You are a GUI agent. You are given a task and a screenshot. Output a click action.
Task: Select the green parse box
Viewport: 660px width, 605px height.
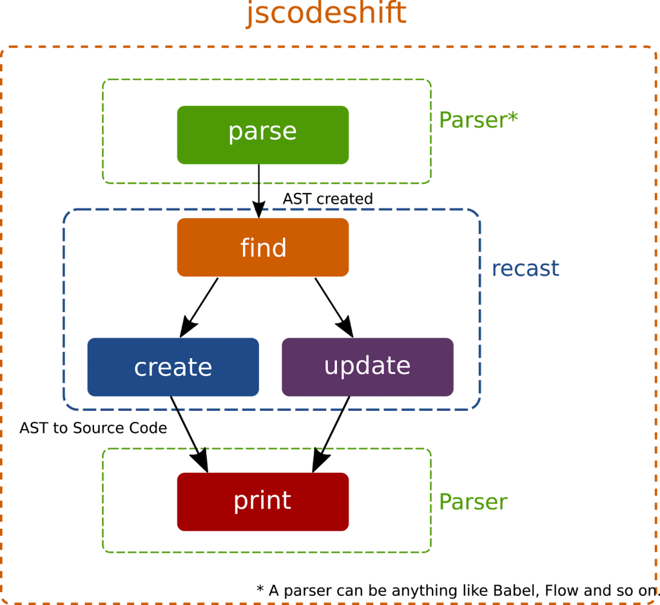pos(263,134)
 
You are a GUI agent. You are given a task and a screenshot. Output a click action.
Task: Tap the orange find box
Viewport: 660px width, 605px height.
pos(263,247)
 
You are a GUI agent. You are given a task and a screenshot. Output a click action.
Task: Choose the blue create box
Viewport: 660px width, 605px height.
pos(173,366)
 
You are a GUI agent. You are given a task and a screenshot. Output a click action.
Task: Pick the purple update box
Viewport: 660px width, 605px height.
pos(367,366)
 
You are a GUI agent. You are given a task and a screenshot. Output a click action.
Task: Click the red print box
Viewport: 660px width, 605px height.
pos(263,501)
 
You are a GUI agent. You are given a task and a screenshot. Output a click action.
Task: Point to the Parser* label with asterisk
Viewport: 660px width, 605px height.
pos(478,120)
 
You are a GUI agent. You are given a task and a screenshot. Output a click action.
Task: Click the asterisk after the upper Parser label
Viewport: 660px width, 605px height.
pos(513,117)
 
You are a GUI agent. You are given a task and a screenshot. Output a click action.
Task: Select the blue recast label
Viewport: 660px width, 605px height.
pos(525,268)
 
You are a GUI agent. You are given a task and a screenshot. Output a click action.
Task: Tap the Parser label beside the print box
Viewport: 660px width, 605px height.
pos(473,502)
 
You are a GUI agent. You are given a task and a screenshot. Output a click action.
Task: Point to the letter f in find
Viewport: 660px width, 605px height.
pos(245,247)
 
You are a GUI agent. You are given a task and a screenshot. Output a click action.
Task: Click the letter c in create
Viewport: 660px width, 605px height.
pos(140,368)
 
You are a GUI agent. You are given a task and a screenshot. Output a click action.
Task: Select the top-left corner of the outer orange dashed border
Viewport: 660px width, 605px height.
pos(3,49)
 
